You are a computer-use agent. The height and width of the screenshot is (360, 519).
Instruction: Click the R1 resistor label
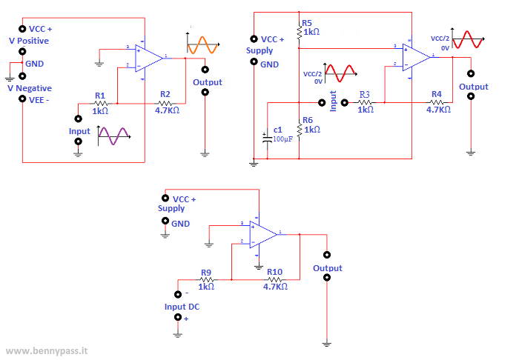pos(100,96)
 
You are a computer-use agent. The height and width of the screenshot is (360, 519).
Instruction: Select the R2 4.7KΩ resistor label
pos(165,96)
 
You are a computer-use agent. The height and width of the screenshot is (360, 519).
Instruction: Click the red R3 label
pos(365,95)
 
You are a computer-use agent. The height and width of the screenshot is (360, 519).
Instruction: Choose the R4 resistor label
pos(437,95)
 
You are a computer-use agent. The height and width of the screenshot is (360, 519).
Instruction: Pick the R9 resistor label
pos(206,272)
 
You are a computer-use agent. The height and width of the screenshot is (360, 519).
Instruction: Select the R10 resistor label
pos(274,272)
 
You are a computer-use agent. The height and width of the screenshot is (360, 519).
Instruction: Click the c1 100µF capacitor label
pos(278,130)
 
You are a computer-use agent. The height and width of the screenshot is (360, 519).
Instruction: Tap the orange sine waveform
pos(202,45)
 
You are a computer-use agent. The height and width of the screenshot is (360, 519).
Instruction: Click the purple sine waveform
pos(113,136)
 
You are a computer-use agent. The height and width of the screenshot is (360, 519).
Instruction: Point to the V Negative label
pos(29,88)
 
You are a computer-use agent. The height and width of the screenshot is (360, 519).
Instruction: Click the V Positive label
pos(28,41)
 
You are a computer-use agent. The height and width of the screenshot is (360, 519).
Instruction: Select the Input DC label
pos(182,306)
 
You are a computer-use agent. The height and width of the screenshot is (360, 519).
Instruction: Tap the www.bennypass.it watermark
pos(45,350)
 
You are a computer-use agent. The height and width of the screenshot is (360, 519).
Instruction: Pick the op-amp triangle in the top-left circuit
pos(150,56)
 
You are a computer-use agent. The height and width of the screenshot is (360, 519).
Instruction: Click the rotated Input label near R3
pos(334,102)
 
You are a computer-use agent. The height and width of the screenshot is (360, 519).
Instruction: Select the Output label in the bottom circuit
pos(327,268)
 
